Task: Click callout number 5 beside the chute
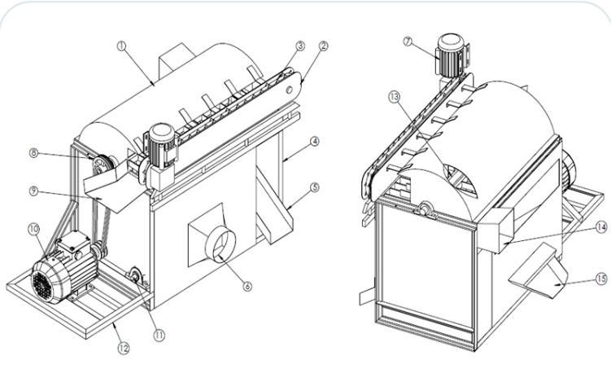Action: (x=315, y=190)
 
